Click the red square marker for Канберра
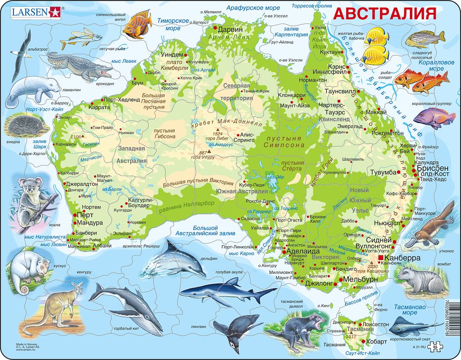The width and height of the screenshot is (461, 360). (x=381, y=258)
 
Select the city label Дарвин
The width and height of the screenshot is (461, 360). (x=230, y=29)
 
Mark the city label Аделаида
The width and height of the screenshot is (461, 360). (x=303, y=252)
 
